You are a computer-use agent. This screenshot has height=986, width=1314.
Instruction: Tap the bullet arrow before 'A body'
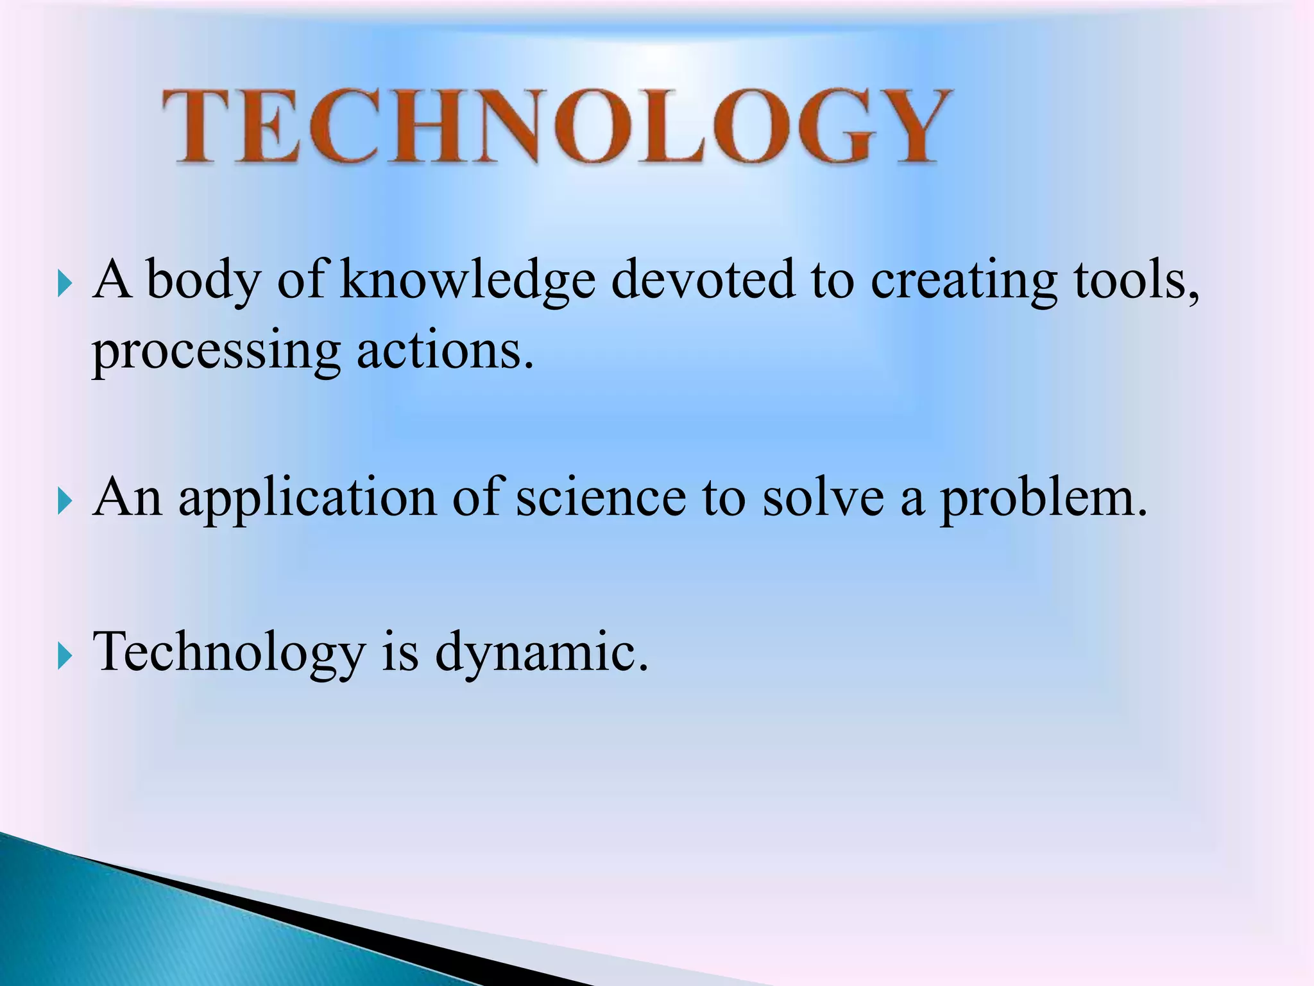coord(65,282)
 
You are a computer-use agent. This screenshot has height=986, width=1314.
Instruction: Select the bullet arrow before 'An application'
coord(65,501)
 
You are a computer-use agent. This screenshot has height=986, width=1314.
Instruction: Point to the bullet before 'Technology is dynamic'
coord(65,655)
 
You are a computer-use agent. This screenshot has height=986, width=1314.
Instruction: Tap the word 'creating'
coord(963,281)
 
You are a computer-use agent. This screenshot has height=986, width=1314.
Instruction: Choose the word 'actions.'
coord(445,350)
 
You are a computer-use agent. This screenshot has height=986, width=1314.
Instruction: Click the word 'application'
coord(308,499)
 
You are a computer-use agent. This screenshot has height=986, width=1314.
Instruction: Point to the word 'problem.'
coord(1043,499)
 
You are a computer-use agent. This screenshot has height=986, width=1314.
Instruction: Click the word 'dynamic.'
coord(542,653)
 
